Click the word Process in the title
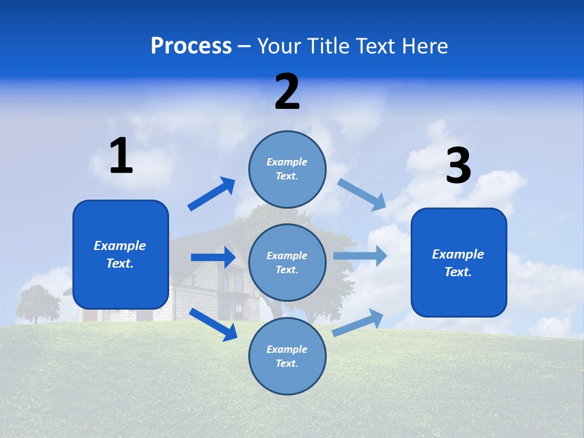191,46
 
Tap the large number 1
121,156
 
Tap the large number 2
287,92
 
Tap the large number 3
459,166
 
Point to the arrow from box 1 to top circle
211,194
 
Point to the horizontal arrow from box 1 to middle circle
213,257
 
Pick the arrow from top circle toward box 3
362,194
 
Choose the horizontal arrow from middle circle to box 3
360,256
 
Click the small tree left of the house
37,303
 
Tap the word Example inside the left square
120,246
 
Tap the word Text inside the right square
457,272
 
